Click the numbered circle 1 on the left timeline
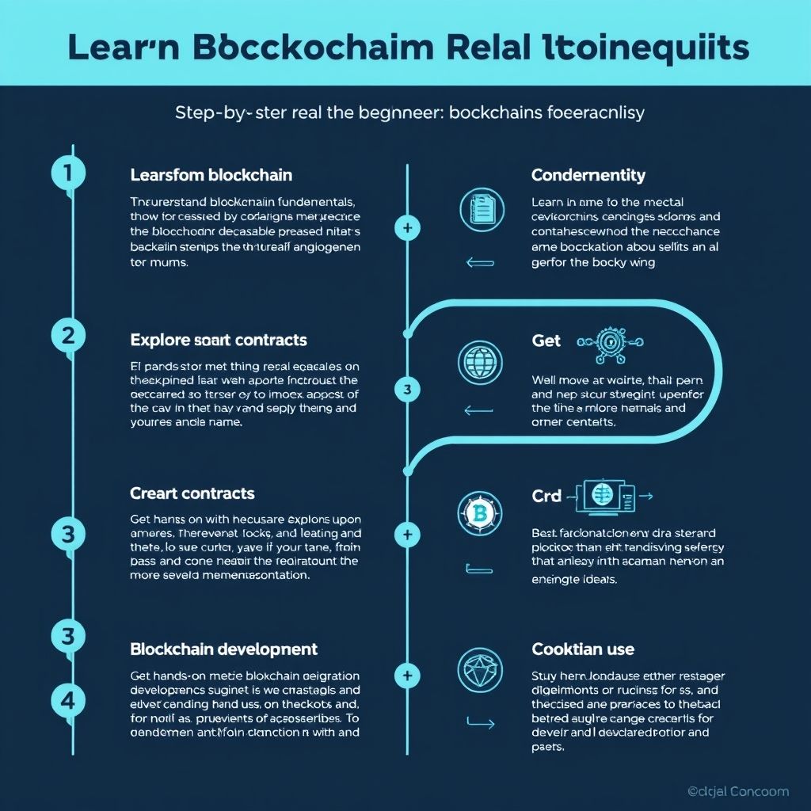(68, 173)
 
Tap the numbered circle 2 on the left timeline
(68, 336)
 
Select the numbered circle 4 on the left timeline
(68, 700)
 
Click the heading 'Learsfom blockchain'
(211, 175)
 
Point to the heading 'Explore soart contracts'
(218, 341)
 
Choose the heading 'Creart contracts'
(192, 493)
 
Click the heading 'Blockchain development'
(223, 649)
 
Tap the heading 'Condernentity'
(588, 175)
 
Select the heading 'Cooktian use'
(583, 649)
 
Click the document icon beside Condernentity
(482, 210)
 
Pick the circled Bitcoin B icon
(480, 512)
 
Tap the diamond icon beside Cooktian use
(480, 669)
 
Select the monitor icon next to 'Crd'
(603, 496)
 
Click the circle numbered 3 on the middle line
(407, 390)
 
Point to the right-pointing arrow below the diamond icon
(481, 722)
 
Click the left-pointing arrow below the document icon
(480, 263)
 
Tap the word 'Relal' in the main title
(485, 48)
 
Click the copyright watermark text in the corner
(737, 791)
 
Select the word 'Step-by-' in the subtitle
(210, 112)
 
